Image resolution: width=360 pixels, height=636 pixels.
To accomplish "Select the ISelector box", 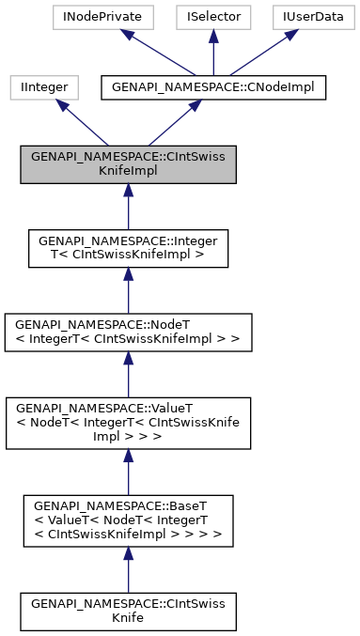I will coord(213,17).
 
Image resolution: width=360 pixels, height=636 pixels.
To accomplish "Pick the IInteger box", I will coord(38,87).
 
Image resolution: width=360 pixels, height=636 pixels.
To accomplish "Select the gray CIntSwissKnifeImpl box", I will coord(127,165).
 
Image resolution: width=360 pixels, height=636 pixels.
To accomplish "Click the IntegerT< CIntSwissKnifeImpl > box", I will coord(127,247).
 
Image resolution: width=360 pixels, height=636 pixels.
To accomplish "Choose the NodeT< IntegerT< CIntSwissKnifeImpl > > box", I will coord(127,330).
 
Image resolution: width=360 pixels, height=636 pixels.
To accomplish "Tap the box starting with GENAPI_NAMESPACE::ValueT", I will coord(127,418).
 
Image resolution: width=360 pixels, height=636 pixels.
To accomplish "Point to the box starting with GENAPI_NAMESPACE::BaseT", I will coord(127,519).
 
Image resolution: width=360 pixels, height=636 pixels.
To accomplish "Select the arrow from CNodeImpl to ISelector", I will coord(213,53).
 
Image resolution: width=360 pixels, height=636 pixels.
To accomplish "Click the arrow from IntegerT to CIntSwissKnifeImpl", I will coord(127,206).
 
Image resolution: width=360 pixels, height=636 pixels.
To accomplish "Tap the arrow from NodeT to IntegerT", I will coord(127,288).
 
